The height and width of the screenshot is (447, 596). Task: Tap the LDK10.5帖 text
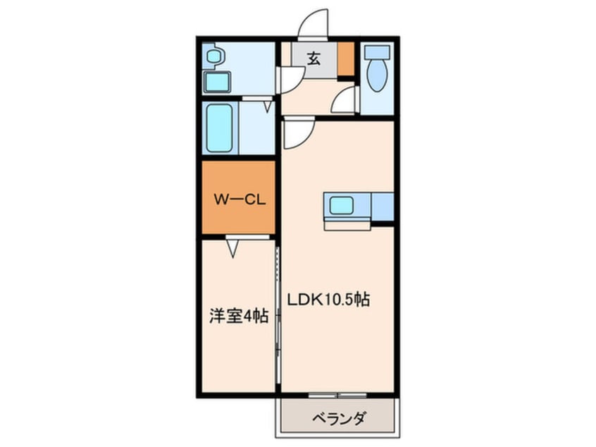pos(328,299)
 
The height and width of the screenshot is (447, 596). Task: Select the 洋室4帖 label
pos(238,317)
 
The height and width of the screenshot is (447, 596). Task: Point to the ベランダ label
pos(338,420)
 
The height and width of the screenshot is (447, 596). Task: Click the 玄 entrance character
pos(313,59)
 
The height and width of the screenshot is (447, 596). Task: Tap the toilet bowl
pos(378,77)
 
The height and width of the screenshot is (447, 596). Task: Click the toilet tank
pos(378,52)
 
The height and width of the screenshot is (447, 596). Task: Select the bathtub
pos(221,128)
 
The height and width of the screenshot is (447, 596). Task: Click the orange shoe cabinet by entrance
pos(345,60)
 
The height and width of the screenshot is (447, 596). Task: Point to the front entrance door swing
pos(312,25)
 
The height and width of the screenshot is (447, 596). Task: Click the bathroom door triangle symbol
pos(268,106)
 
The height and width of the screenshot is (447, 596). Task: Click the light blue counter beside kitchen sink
pos(382,206)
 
